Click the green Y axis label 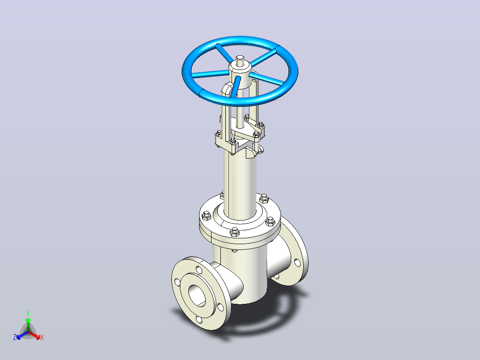coord(28,313)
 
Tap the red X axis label coord(42,337)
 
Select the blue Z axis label coord(15,337)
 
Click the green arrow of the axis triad coord(28,324)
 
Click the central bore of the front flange coord(197,295)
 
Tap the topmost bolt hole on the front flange coord(199,270)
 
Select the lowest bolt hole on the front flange coord(199,320)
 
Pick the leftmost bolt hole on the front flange coord(177,282)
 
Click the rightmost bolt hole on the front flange coord(220,307)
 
